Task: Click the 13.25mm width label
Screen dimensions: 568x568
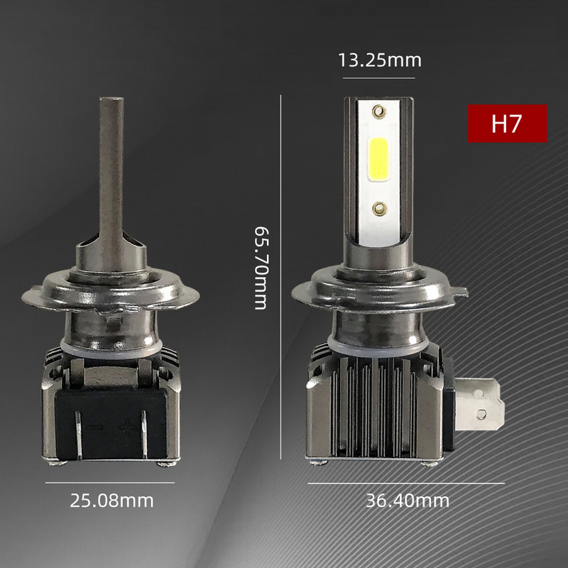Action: (x=380, y=60)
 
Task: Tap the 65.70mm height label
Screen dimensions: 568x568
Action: (x=261, y=268)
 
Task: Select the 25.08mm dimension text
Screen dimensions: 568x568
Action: (x=111, y=501)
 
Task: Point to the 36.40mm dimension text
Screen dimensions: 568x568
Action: (x=408, y=501)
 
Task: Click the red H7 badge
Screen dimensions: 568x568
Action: (x=507, y=124)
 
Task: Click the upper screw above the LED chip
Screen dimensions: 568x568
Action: (x=379, y=110)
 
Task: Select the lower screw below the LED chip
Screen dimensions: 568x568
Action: (x=379, y=207)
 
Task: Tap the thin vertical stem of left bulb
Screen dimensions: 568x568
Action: (x=111, y=163)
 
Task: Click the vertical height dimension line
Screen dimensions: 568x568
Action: (x=281, y=277)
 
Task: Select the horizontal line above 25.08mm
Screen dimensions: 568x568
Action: (x=110, y=482)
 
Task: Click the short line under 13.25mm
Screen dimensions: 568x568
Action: (x=380, y=77)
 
